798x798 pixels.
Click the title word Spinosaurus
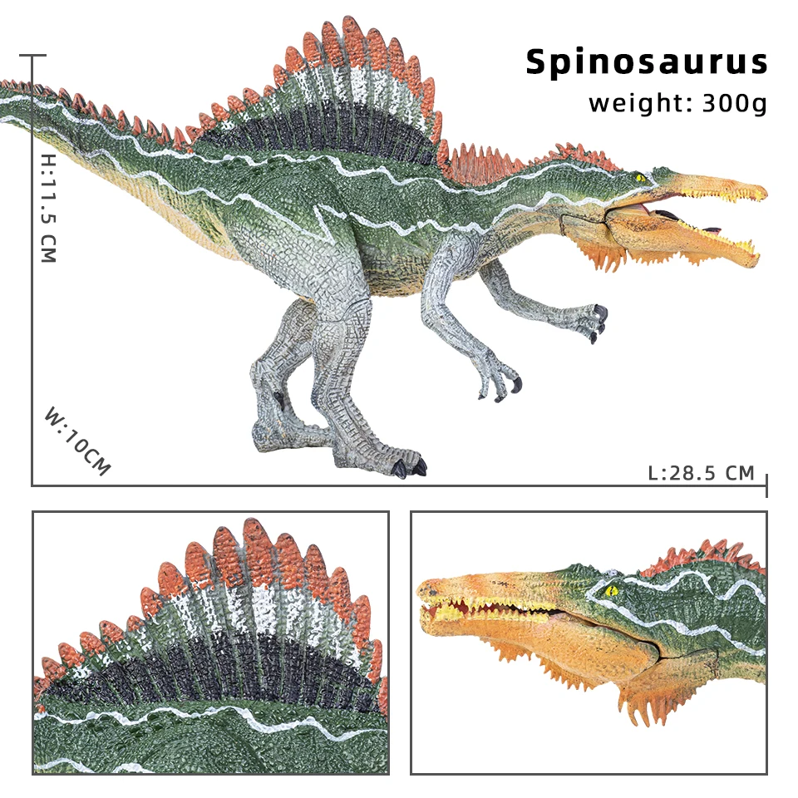(x=646, y=62)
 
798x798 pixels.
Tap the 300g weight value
(x=734, y=104)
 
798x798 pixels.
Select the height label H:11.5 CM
(x=47, y=207)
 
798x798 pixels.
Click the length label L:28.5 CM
(x=701, y=473)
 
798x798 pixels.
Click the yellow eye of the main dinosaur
(x=640, y=177)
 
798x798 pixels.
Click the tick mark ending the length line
(x=766, y=485)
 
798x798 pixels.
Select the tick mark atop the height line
(x=32, y=56)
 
